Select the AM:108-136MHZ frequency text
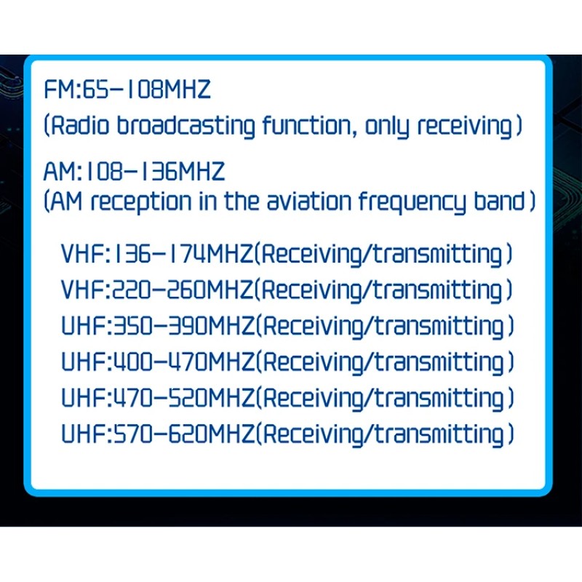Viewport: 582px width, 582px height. [x=135, y=172]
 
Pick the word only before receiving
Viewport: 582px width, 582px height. [x=389, y=127]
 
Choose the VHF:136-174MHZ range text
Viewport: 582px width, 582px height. [x=158, y=255]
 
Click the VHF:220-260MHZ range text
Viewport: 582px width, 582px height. [x=158, y=290]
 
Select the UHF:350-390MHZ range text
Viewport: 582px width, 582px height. [x=158, y=326]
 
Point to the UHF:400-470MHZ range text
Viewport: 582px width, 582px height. [x=158, y=362]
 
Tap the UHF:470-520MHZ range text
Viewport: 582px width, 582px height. [x=158, y=398]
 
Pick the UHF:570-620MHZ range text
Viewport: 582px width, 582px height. [x=158, y=434]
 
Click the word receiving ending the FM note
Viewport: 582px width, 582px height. [x=466, y=127]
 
